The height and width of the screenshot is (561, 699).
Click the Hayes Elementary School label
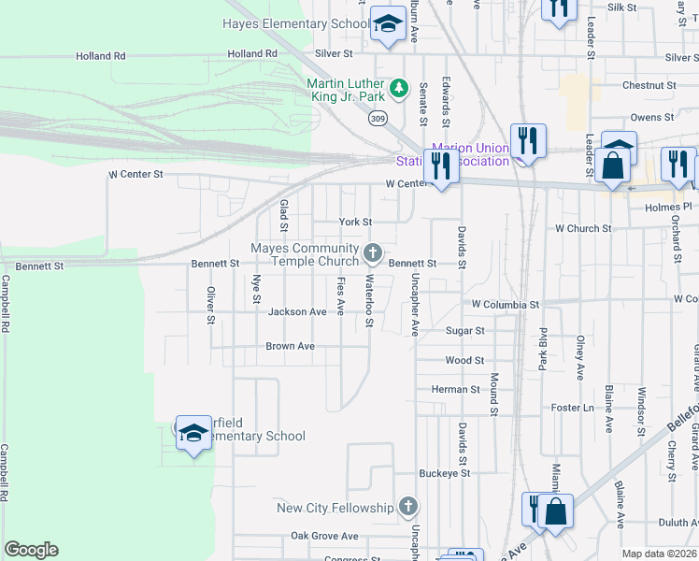tap(296, 24)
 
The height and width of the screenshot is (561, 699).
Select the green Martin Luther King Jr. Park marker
tap(399, 88)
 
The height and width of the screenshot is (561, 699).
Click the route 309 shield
tap(378, 120)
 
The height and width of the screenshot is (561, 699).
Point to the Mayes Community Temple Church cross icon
tap(373, 252)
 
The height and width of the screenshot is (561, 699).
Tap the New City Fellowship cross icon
tap(407, 507)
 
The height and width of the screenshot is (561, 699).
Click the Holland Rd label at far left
tap(101, 56)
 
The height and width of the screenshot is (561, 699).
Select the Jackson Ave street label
tap(297, 311)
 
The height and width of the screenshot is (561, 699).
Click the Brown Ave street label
tap(290, 346)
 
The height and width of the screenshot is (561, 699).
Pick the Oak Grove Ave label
tap(324, 536)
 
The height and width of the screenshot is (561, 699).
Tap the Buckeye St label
tap(444, 474)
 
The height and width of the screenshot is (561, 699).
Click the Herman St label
tap(455, 389)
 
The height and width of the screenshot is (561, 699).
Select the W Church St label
tap(583, 228)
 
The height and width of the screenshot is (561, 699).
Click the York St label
tap(355, 223)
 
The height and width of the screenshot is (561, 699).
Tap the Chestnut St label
tap(649, 85)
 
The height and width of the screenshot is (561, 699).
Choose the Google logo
tap(31, 550)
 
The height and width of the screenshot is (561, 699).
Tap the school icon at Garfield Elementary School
tap(193, 433)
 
